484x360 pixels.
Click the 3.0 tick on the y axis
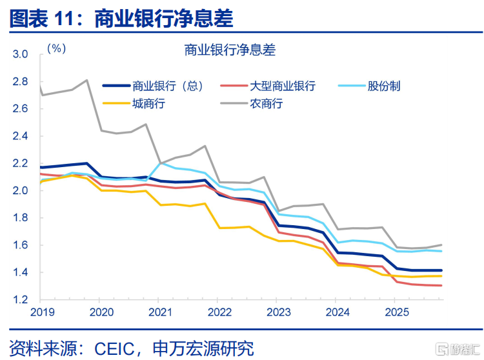[20, 54]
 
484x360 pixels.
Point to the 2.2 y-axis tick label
[20, 163]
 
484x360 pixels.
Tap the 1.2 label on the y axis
[20, 299]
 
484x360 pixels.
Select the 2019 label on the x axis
[43, 312]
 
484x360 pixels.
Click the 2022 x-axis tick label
[219, 312]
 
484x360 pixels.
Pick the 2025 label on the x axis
[397, 312]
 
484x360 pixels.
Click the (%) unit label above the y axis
[57, 48]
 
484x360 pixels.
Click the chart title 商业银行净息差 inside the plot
[230, 50]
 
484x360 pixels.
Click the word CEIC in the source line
[114, 348]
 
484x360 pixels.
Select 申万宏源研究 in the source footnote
[203, 348]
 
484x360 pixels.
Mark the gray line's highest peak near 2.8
[87, 80]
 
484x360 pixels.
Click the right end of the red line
[441, 285]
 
